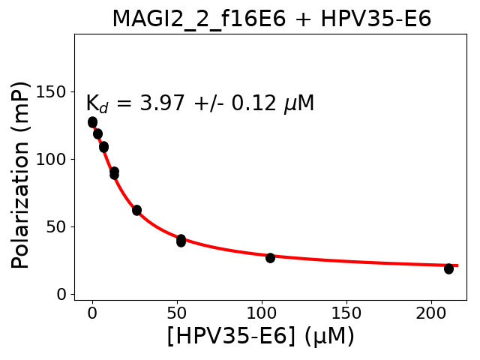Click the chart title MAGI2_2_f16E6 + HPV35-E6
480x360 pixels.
[x=271, y=19]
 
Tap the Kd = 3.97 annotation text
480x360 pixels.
[x=199, y=103]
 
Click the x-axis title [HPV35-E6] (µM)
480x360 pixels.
[x=260, y=336]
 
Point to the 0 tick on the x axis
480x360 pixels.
[x=92, y=311]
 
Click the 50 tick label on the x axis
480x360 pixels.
[x=177, y=311]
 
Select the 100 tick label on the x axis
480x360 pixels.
[x=262, y=311]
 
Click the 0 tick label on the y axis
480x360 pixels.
[x=62, y=294]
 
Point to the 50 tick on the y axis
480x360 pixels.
[x=57, y=226]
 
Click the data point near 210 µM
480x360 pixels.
[x=448, y=268]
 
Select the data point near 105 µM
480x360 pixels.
[x=270, y=257]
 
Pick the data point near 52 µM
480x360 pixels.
[x=181, y=240]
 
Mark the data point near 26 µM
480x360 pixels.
[x=136, y=210]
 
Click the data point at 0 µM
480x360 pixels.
[x=92, y=121]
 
